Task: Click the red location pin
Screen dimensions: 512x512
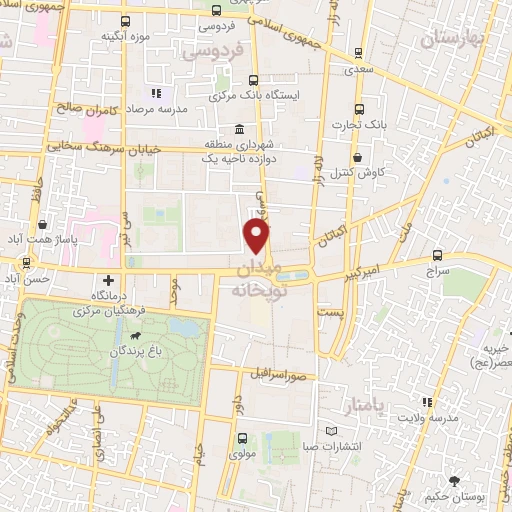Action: pyautogui.click(x=257, y=237)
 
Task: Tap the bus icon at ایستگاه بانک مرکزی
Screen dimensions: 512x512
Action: pyautogui.click(x=251, y=81)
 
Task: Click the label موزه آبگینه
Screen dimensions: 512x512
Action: pyautogui.click(x=124, y=36)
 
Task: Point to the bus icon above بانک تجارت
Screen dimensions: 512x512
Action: pyautogui.click(x=360, y=110)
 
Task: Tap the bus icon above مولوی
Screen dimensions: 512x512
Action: pyautogui.click(x=240, y=437)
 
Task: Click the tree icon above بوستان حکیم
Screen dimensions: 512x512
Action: pyautogui.click(x=456, y=481)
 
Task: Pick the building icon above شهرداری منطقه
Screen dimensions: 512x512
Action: pyautogui.click(x=238, y=130)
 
